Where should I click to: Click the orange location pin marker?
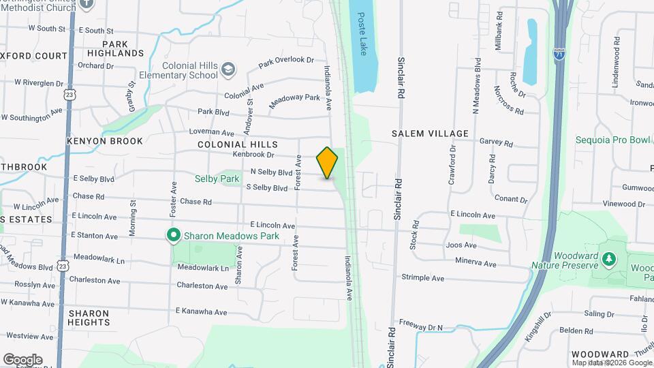coord(328,163)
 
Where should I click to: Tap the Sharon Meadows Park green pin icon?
coord(174,236)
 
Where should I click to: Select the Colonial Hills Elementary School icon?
coord(228,69)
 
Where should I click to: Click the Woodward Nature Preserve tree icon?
coord(610,259)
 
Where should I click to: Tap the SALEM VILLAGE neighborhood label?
coord(430,134)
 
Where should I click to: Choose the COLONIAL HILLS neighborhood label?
coord(238,144)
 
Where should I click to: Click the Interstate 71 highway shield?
coord(559,53)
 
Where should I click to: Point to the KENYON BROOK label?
coord(105,141)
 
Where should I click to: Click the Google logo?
coord(22,359)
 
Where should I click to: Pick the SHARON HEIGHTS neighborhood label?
coord(89,318)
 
